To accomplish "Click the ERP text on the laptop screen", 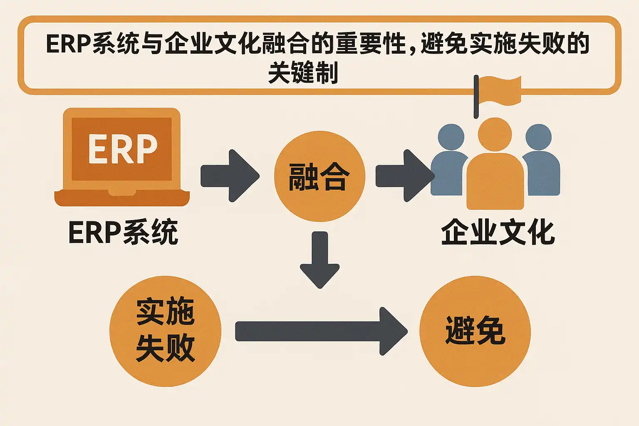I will coord(123,149).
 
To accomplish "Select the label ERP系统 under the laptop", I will coord(123,232).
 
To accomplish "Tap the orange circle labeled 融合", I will coord(319,176).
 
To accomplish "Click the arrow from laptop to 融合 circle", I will coord(230,176).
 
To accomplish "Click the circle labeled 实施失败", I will coord(165,331).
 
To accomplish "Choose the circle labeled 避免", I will coord(475,331).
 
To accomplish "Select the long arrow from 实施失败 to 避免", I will coord(320,331).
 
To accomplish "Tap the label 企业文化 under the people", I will coord(498,232).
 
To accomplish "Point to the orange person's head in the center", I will coord(495,134).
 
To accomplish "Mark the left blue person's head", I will coord(451,137).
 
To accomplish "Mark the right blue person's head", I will coord(539,137).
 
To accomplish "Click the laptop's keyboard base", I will coord(122,198).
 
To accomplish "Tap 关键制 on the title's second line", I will coord(303,72).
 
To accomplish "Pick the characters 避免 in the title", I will coord(444,44).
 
